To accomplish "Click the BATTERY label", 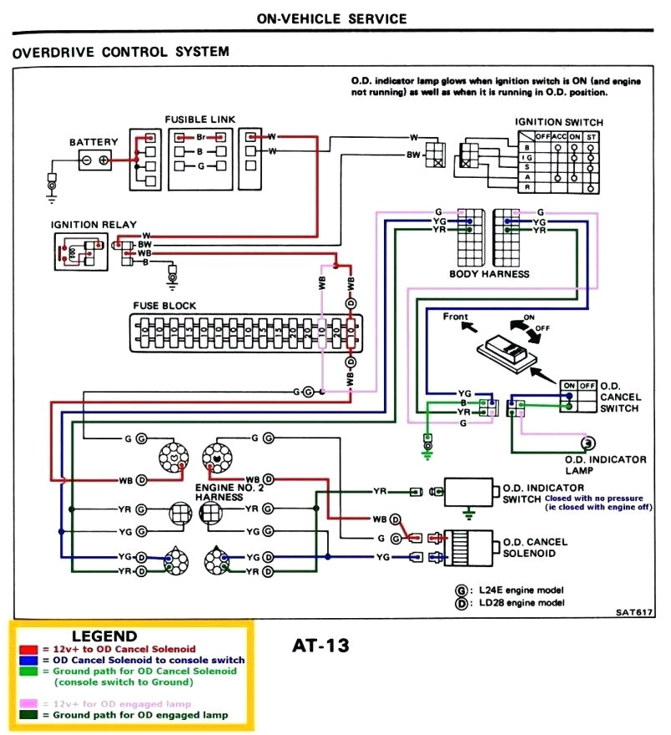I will click(93, 143).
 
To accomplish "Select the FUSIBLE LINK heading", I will click(199, 119).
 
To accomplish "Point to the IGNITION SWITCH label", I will click(558, 123).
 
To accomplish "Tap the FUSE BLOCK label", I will click(165, 306).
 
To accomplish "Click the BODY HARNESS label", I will click(489, 274).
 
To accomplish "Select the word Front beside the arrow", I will click(456, 317).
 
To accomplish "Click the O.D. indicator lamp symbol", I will click(587, 443).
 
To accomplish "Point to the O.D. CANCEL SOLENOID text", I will click(534, 547).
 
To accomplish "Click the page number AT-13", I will click(320, 645).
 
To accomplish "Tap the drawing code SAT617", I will click(634, 612).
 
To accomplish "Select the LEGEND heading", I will click(104, 636).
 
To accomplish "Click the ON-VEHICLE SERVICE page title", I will click(332, 18).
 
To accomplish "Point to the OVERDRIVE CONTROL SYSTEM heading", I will click(121, 52).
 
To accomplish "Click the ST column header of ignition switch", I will click(592, 135).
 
